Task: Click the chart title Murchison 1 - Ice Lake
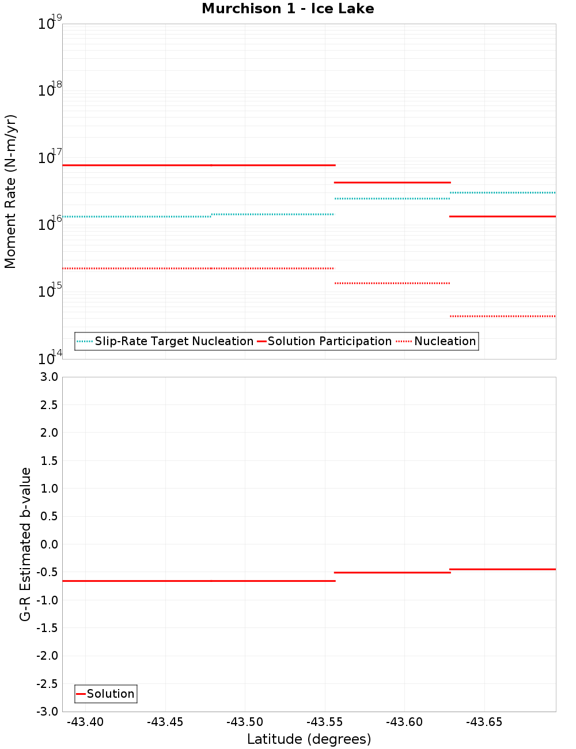point(287,9)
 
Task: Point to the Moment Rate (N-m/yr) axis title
point(10,191)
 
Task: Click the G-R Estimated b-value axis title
point(25,544)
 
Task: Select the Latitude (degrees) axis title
point(309,739)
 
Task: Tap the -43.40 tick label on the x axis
point(85,722)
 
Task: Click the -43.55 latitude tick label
point(324,722)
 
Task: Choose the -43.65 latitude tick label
point(484,722)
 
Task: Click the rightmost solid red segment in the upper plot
point(502,216)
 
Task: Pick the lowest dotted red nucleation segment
point(502,316)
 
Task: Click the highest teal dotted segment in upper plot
point(502,192)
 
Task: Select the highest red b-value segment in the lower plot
point(502,569)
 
